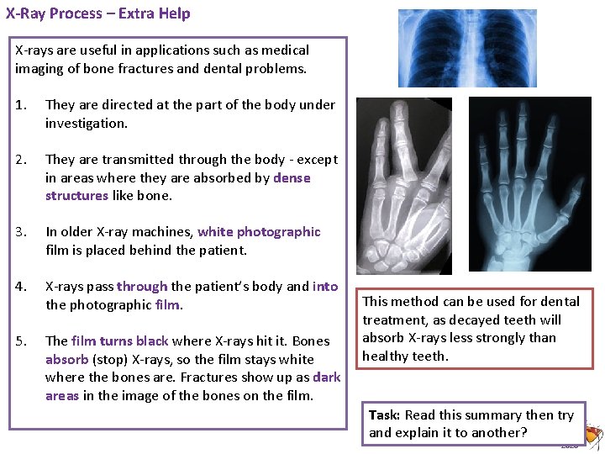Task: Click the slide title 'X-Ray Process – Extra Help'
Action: click(x=98, y=13)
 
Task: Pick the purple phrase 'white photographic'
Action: click(x=259, y=232)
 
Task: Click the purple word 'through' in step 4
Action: click(x=142, y=287)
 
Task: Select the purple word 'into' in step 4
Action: click(x=325, y=287)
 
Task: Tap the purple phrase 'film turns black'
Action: click(x=120, y=341)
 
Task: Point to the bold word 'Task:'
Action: click(x=385, y=415)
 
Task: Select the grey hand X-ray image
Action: click(x=404, y=186)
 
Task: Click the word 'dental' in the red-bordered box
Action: click(x=559, y=301)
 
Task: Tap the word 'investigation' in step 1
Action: click(x=84, y=124)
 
